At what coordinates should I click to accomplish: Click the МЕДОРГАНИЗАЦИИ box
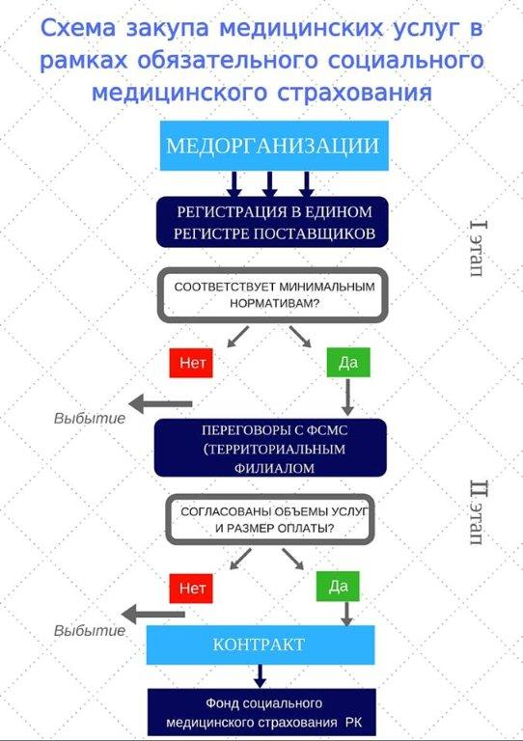tap(274, 146)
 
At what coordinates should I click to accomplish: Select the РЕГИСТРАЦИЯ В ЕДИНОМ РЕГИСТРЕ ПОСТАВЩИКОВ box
tap(273, 222)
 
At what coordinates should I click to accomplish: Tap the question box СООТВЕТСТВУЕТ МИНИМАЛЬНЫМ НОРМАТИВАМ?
tap(273, 295)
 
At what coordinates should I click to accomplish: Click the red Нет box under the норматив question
tap(191, 363)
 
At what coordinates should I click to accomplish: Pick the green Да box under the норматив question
tap(348, 363)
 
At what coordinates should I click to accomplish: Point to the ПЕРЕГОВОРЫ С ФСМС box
tap(271, 448)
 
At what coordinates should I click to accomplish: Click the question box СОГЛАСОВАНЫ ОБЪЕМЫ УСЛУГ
tap(270, 520)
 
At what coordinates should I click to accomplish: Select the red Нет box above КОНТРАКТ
tap(191, 589)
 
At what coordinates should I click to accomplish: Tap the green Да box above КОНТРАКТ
tap(338, 587)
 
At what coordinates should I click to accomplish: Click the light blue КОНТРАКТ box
tap(261, 645)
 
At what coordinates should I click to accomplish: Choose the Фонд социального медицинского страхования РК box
tap(262, 712)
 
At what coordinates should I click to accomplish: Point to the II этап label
tap(478, 512)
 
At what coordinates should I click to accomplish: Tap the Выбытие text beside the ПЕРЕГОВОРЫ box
tap(90, 418)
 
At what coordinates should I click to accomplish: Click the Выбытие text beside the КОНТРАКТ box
tap(90, 630)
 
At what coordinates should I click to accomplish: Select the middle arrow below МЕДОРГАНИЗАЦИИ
tap(269, 184)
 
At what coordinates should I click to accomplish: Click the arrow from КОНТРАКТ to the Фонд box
tap(260, 676)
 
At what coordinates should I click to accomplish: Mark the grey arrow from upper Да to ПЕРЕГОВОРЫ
tap(347, 398)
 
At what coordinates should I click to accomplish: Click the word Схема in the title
tap(78, 28)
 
